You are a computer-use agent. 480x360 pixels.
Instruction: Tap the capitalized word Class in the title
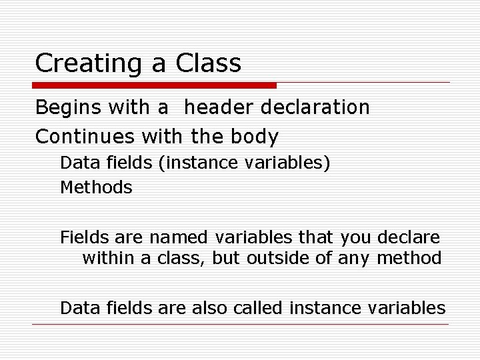[209, 64]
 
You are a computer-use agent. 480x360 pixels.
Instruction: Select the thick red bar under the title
[155, 85]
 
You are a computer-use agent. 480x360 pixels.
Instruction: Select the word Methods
[96, 188]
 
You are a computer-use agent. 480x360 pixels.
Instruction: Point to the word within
[108, 259]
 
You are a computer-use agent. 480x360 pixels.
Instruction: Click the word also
[210, 307]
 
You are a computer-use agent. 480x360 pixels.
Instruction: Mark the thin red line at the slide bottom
[240, 325]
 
